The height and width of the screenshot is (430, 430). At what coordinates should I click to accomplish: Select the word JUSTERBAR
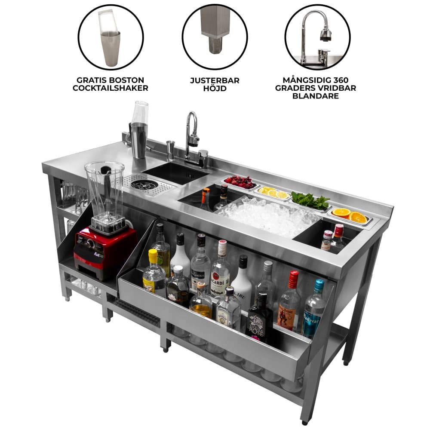pyautogui.click(x=215, y=80)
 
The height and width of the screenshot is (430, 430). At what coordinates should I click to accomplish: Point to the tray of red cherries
pyautogui.click(x=240, y=182)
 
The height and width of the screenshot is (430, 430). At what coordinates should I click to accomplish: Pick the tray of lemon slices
pyautogui.click(x=274, y=193)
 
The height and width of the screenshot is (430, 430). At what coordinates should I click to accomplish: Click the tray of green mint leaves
pyautogui.click(x=310, y=201)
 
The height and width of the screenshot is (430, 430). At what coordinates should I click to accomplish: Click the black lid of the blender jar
pyautogui.click(x=104, y=169)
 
